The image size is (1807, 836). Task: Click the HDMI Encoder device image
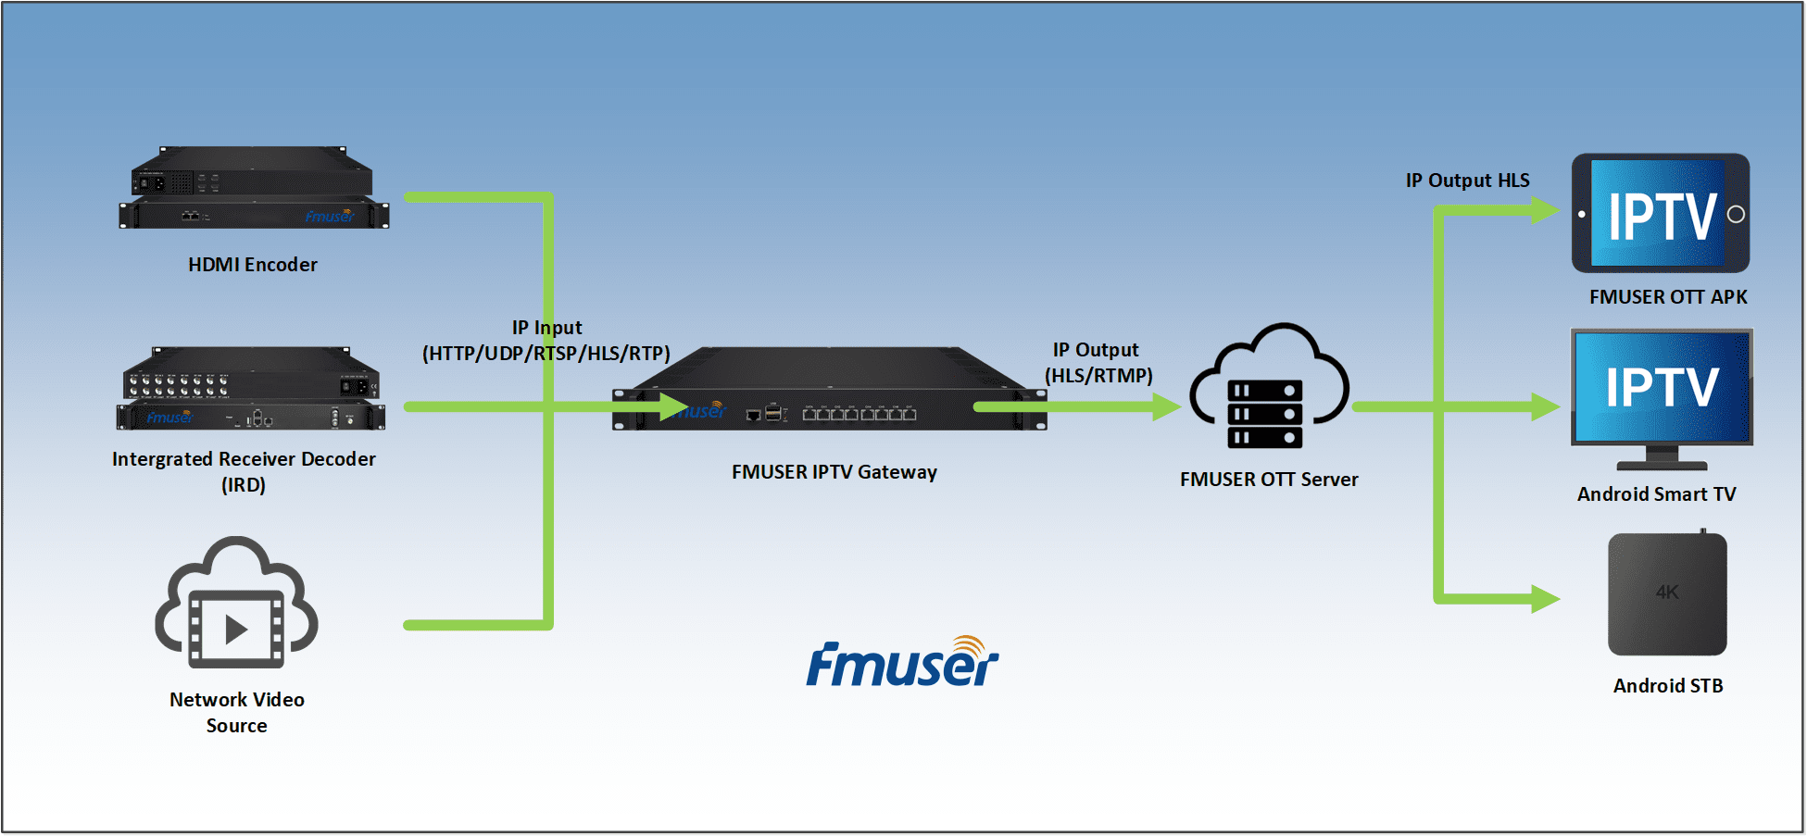coord(254,189)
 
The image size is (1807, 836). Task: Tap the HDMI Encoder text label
coord(252,265)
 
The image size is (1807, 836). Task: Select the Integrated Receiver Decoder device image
coord(251,389)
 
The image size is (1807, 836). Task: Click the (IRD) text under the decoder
coord(244,485)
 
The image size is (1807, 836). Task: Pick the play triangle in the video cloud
coord(236,630)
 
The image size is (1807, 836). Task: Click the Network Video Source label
coord(237,713)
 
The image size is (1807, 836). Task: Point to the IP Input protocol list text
coord(546,354)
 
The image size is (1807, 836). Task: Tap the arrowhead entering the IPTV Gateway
coord(673,406)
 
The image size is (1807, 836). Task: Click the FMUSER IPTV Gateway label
coord(834,472)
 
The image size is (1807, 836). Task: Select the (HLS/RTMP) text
coord(1098,376)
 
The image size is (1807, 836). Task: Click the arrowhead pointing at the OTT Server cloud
coord(1166,406)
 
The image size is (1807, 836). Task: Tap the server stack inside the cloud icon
coord(1264,414)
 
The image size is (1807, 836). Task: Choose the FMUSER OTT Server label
coord(1268,480)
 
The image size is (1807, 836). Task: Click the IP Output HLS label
coord(1467,181)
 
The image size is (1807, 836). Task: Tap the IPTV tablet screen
coord(1658,215)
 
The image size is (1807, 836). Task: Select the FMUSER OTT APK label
coord(1667,297)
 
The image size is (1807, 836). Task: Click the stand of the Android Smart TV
coord(1662,458)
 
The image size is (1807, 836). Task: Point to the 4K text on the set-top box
coord(1666,593)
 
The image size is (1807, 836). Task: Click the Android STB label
coord(1667,686)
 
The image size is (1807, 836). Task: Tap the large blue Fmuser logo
coord(902,664)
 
